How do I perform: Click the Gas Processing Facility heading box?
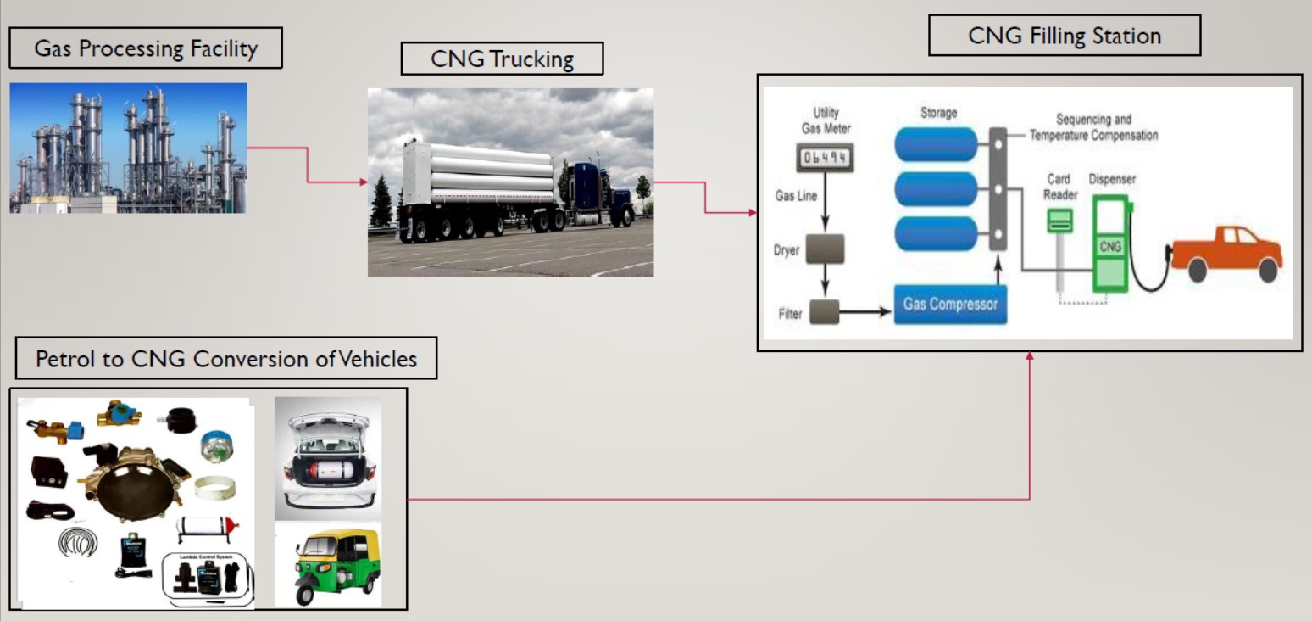point(145,48)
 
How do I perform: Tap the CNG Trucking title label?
point(502,59)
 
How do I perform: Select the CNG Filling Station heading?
point(1064,36)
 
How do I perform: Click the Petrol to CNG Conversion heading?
point(226,359)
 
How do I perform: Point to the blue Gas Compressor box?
point(950,304)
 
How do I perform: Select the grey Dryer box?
point(826,249)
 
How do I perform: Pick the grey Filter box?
point(824,311)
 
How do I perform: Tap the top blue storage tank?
point(936,143)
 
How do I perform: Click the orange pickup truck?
point(1226,252)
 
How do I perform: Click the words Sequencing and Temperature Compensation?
point(1093,128)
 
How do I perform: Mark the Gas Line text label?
point(797,196)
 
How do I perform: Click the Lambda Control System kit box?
point(208,576)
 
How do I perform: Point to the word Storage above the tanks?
point(937,113)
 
